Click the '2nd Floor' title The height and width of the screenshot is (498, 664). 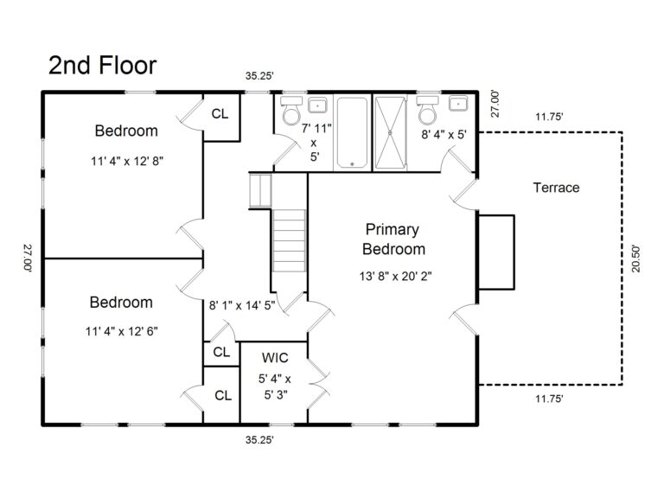pos(102,65)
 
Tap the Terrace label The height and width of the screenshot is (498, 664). pos(556,188)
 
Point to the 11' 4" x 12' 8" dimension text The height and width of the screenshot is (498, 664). pos(126,160)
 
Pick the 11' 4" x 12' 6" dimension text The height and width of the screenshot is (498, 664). pos(122,330)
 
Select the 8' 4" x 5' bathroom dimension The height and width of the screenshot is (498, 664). pos(444,135)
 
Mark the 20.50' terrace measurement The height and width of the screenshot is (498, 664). pos(636,258)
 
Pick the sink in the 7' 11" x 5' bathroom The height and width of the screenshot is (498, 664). pos(318,105)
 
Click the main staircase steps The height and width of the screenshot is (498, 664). pos(290,244)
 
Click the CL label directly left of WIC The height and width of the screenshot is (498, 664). pos(221,353)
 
